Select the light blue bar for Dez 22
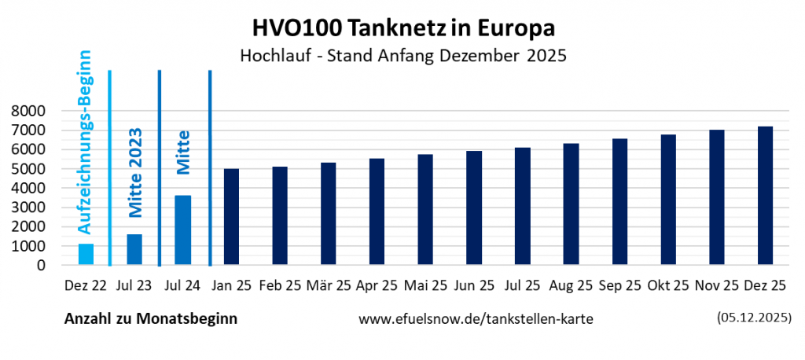coord(86,255)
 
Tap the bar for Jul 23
coord(134,250)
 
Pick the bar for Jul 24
coord(182,230)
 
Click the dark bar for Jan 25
coord(231,217)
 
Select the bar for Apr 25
coord(377,212)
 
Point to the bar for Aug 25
coord(571,204)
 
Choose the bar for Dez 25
coord(765,196)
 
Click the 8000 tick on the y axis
coord(28,112)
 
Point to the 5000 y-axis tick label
coord(28,169)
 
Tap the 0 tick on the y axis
coord(41,266)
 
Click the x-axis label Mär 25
coord(329,286)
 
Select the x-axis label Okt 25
coord(668,286)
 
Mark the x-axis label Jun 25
coord(474,286)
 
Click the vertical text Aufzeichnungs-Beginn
coord(86,141)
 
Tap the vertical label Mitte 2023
coord(134,172)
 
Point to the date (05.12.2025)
coord(753,318)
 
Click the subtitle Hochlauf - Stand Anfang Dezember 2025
coord(402,57)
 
